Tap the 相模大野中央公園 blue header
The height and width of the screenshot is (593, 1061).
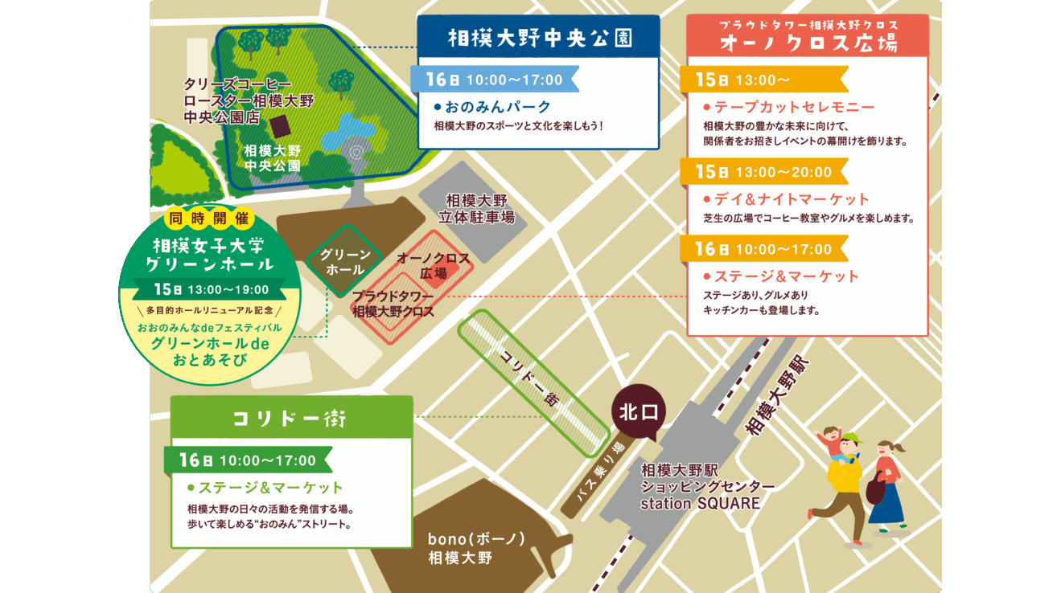pyautogui.click(x=538, y=38)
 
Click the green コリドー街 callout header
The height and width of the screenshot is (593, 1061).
pyautogui.click(x=291, y=419)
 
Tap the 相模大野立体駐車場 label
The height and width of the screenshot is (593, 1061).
pyautogui.click(x=477, y=208)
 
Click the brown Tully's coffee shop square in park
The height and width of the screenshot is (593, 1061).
pyautogui.click(x=279, y=126)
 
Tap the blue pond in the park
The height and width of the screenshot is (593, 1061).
pyautogui.click(x=347, y=132)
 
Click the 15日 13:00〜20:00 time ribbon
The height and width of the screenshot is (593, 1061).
pyautogui.click(x=763, y=172)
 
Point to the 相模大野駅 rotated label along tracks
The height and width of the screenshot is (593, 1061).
pyautogui.click(x=779, y=393)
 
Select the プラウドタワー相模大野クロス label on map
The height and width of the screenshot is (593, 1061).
pyautogui.click(x=393, y=304)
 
